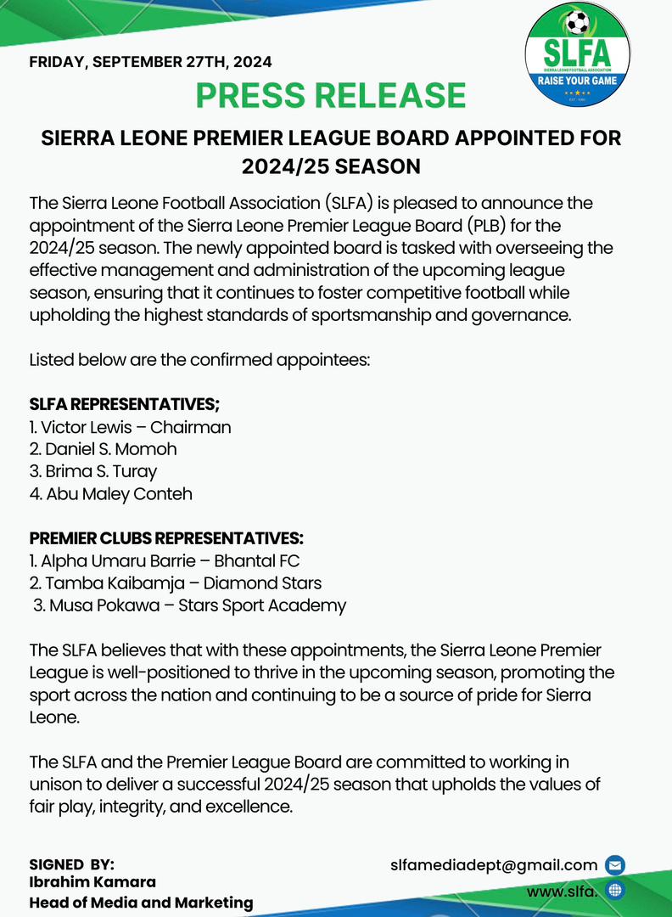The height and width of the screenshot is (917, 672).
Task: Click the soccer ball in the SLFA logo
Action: pos(577,22)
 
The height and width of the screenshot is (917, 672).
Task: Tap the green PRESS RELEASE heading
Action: pos(331,95)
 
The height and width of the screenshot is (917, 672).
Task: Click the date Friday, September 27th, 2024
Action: pos(150,62)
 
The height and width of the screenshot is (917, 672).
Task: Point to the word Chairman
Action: pos(190,427)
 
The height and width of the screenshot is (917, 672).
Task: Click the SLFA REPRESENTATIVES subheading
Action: pos(125,404)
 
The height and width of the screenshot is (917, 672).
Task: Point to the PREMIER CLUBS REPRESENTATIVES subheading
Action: pos(166,538)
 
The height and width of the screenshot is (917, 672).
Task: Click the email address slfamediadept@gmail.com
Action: pos(494,865)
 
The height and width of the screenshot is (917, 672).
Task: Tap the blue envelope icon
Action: pos(615,866)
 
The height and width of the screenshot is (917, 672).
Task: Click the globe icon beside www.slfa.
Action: pos(615,891)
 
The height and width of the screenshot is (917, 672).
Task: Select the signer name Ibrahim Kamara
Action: pos(92,883)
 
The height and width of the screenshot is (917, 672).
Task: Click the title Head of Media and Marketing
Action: pos(141,903)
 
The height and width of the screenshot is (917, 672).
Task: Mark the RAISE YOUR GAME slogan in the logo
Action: pos(577,81)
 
